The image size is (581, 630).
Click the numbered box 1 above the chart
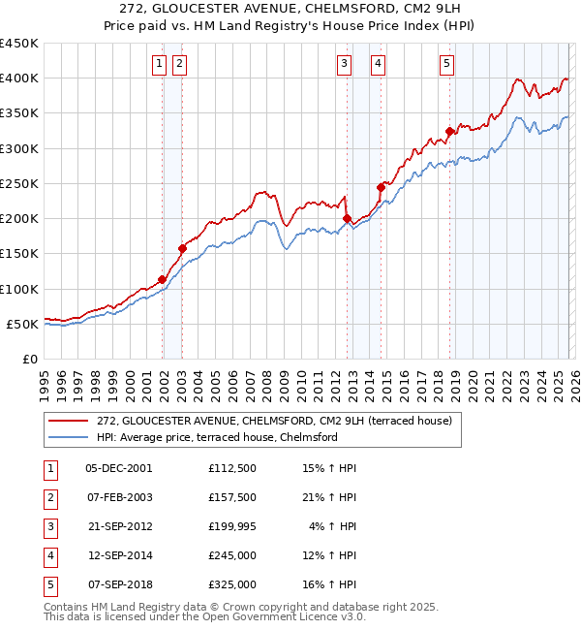pos(158,64)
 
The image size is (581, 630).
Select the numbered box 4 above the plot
pos(377,64)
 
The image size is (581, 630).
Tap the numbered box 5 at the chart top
pos(446,64)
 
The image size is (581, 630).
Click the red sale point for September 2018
pos(449,132)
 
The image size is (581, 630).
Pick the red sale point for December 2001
pos(162,280)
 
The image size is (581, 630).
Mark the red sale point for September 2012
pos(347,219)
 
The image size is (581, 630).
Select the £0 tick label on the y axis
pos(28,359)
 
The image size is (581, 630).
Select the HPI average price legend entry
pos(216,437)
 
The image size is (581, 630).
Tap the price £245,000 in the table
pos(231,556)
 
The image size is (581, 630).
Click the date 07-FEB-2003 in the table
pos(119,497)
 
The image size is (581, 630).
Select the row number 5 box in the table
pos(47,585)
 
